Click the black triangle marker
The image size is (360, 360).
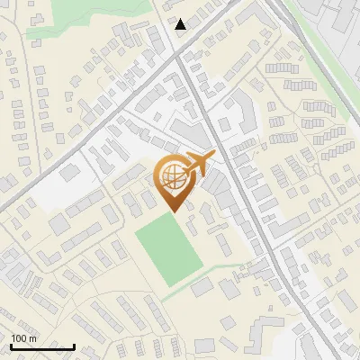coord(181,24)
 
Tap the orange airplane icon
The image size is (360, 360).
coord(198,165)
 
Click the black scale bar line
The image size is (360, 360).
coord(42,346)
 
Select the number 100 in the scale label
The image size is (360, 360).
coord(19,338)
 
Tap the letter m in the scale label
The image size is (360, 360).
coord(32,338)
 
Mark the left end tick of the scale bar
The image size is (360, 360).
coord(11,345)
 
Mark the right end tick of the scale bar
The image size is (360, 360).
coord(74,345)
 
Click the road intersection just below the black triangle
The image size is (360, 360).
coord(179,57)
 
